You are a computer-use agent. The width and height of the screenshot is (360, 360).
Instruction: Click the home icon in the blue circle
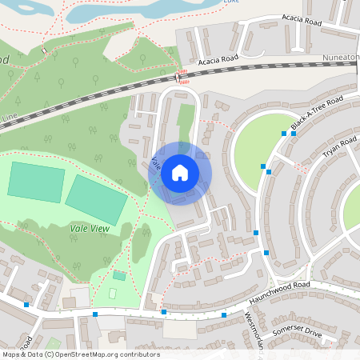pos(180,172)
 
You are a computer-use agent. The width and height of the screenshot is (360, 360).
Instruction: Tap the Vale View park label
pos(90,228)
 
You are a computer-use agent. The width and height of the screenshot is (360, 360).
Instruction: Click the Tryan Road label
pos(338,152)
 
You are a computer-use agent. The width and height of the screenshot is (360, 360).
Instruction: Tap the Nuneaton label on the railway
pos(339,58)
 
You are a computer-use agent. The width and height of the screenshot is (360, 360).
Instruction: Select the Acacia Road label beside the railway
pos(218,61)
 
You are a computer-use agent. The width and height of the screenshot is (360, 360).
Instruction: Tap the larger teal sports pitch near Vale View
pos(95,199)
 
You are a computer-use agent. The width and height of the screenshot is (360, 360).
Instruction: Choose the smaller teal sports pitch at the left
pos(36,181)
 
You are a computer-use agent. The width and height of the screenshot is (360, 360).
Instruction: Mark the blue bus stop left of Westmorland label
pos(224,315)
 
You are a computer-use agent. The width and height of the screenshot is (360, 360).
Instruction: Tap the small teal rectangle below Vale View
pos(119,275)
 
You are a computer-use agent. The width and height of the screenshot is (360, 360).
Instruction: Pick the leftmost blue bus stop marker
pos(27,305)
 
